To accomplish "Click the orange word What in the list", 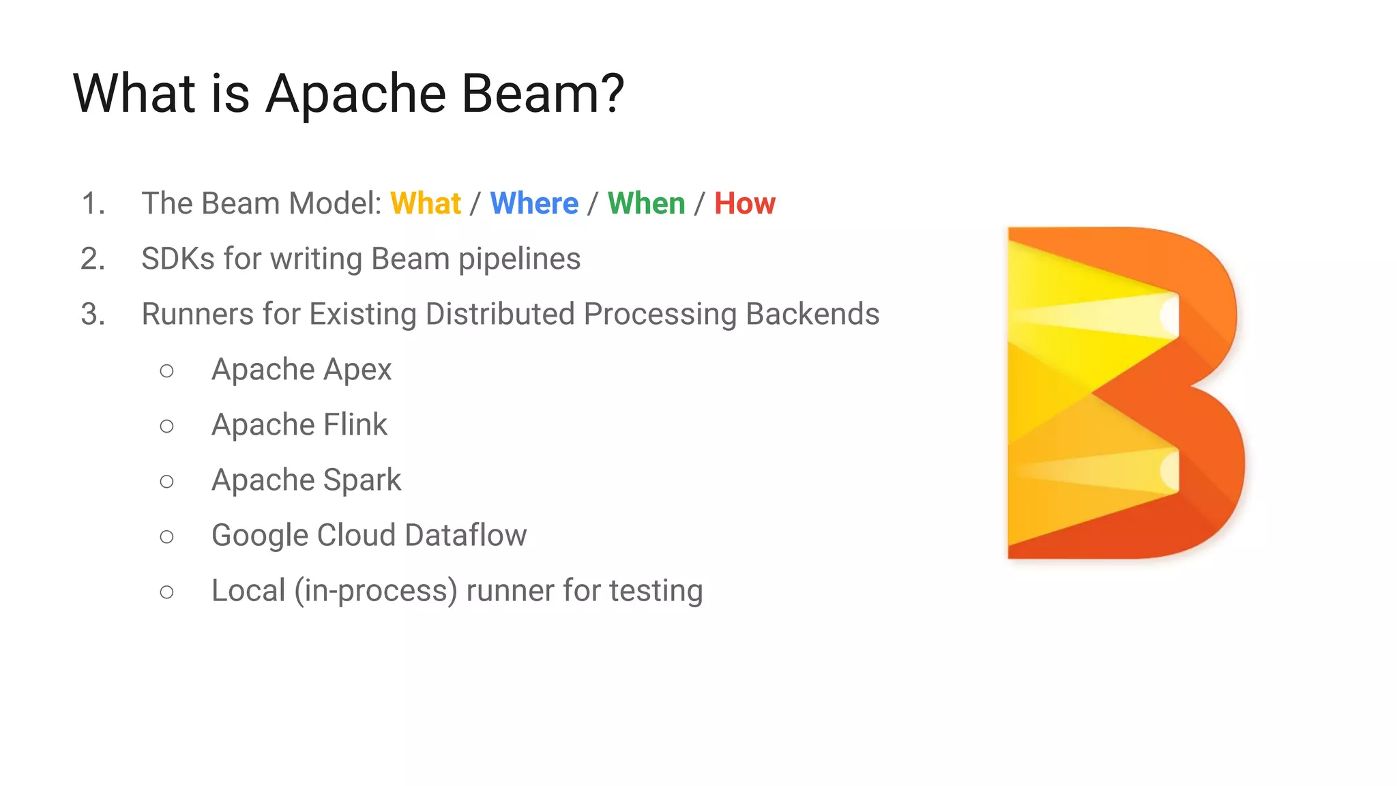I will pos(426,203).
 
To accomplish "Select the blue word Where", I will pos(534,203).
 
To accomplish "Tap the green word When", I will pos(646,203).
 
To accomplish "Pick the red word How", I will pos(744,203).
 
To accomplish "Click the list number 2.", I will pos(93,259).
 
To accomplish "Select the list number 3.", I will pos(93,315).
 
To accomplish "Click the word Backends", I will pos(812,315).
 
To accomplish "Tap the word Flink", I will pos(355,424).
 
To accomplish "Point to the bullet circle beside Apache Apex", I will pos(166,371).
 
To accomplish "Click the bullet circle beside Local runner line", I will pos(166,592).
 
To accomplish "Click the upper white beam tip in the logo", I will pos(1170,315).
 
